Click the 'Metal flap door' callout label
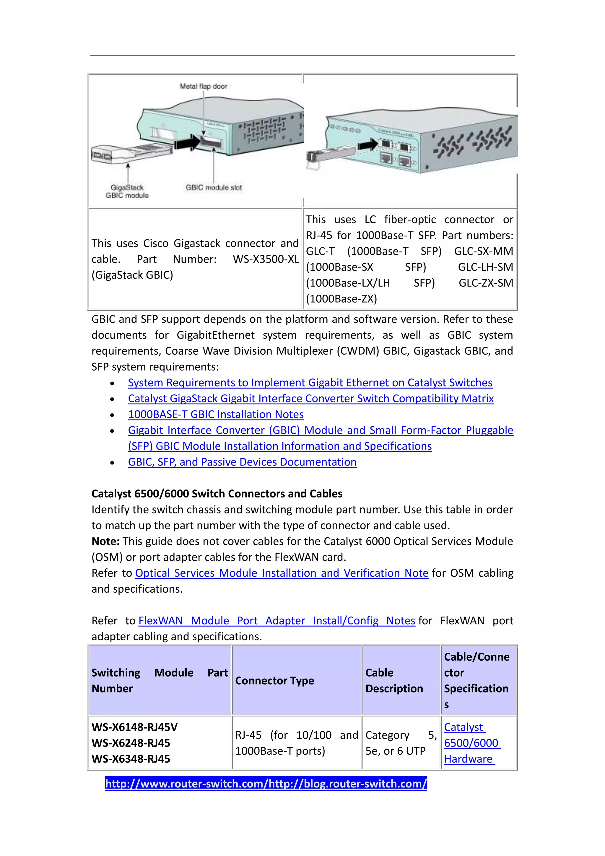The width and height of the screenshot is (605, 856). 204,86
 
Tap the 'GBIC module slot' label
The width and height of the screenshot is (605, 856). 214,187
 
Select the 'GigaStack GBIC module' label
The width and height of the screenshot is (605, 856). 127,191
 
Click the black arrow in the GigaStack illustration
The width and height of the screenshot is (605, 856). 188,142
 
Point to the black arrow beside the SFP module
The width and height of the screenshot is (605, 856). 368,144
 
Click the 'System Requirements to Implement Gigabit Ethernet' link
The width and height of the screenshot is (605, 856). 310,382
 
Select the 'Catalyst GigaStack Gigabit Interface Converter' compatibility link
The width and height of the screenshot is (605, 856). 311,398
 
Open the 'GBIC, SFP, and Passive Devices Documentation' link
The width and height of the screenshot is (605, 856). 242,462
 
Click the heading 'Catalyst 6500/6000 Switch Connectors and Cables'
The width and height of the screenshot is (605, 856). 217,494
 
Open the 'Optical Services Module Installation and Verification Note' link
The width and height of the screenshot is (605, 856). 282,573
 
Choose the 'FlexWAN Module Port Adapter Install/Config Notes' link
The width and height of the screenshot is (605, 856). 277,620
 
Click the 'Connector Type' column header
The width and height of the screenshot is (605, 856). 274,681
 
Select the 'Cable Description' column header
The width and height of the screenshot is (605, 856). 394,681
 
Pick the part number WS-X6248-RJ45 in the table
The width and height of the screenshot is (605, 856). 131,743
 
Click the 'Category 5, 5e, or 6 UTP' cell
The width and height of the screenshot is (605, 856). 401,743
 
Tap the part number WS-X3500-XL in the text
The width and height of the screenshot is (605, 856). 266,259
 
